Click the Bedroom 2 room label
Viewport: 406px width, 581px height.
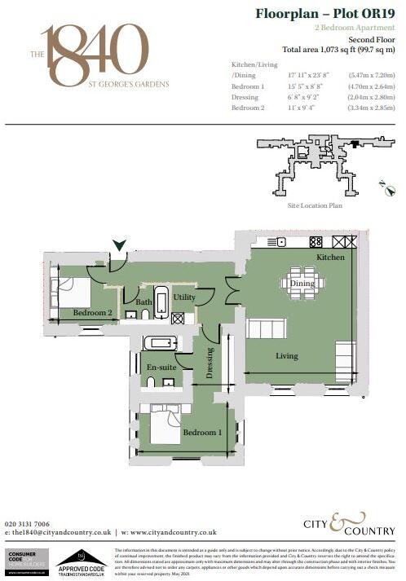(x=92, y=312)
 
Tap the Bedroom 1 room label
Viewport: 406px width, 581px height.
(x=201, y=432)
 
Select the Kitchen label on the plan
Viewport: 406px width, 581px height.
(x=331, y=257)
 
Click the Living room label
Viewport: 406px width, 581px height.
(x=286, y=355)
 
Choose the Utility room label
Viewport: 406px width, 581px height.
(x=184, y=297)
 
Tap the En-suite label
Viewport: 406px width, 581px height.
(x=161, y=368)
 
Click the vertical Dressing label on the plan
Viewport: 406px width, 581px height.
(x=210, y=363)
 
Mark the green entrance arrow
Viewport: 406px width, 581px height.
(x=119, y=244)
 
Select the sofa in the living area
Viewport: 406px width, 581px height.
(x=266, y=329)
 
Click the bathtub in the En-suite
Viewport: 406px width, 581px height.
(x=160, y=343)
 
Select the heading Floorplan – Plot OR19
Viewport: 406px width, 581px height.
(x=325, y=14)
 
